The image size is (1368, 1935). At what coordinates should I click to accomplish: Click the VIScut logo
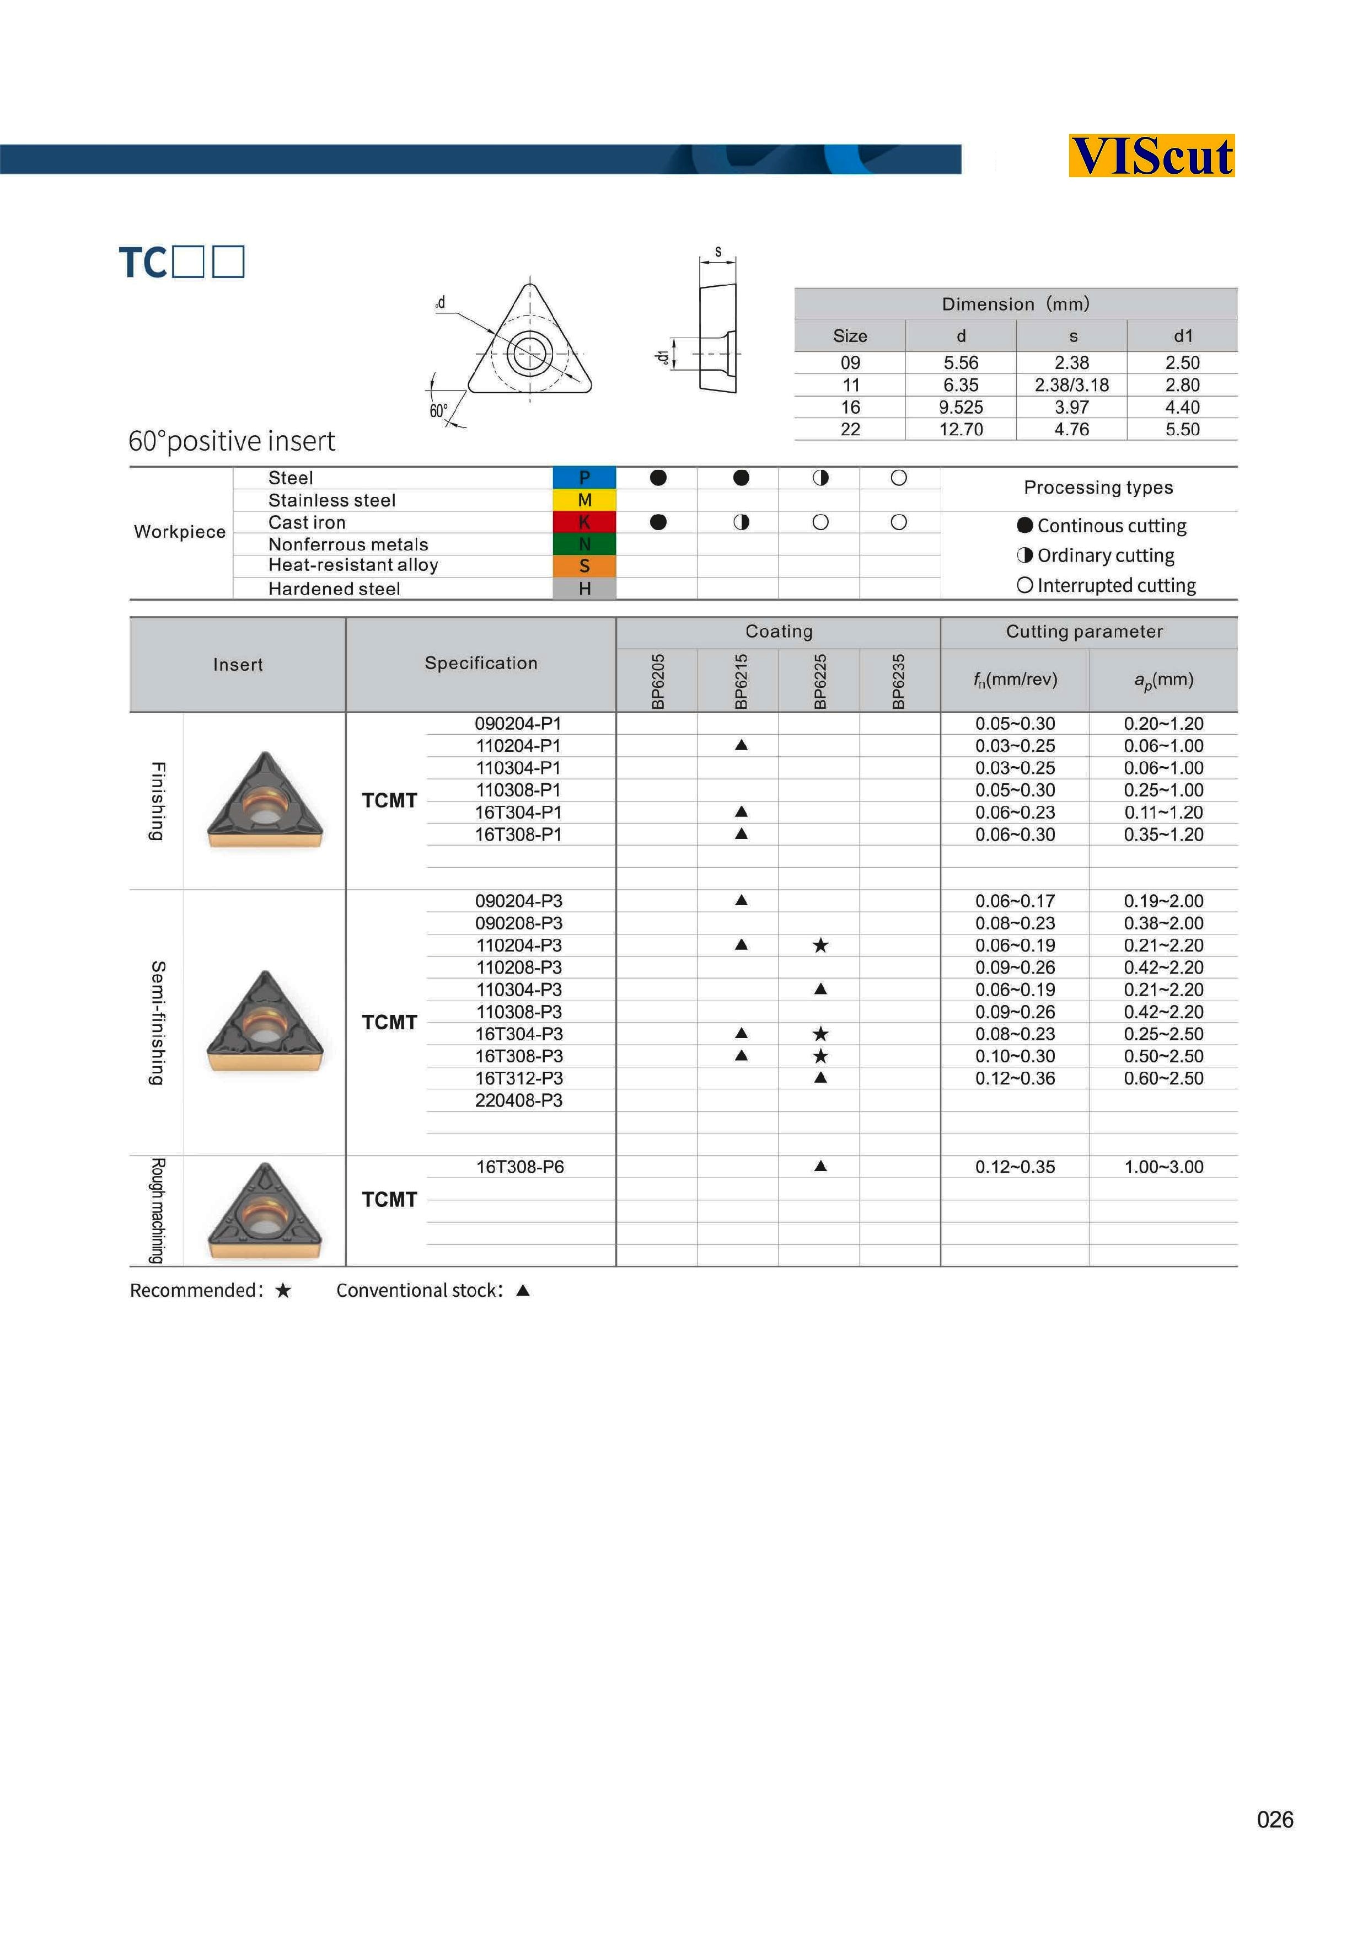point(1151,156)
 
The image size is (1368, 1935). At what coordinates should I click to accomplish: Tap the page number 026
point(1274,1820)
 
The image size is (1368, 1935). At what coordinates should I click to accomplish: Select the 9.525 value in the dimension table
point(961,407)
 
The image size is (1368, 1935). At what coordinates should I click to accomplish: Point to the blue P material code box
point(584,478)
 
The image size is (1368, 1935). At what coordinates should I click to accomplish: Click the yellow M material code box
point(584,500)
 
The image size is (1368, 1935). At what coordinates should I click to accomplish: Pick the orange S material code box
point(584,565)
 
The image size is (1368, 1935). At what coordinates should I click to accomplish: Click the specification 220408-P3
point(518,1100)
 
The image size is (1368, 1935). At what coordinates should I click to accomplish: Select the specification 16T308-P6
point(520,1167)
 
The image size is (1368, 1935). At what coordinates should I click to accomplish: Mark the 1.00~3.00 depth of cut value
point(1163,1167)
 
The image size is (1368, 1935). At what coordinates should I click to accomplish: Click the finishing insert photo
point(265,800)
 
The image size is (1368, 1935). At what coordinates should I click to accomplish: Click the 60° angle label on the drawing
point(438,411)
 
